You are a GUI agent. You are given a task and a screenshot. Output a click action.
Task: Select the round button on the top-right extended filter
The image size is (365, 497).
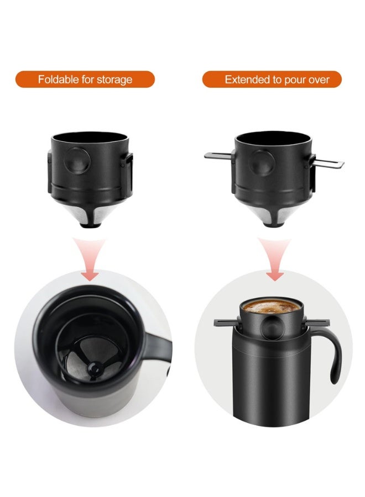click(260, 161)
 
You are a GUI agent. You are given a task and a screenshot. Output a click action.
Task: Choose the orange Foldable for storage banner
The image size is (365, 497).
click(85, 80)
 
